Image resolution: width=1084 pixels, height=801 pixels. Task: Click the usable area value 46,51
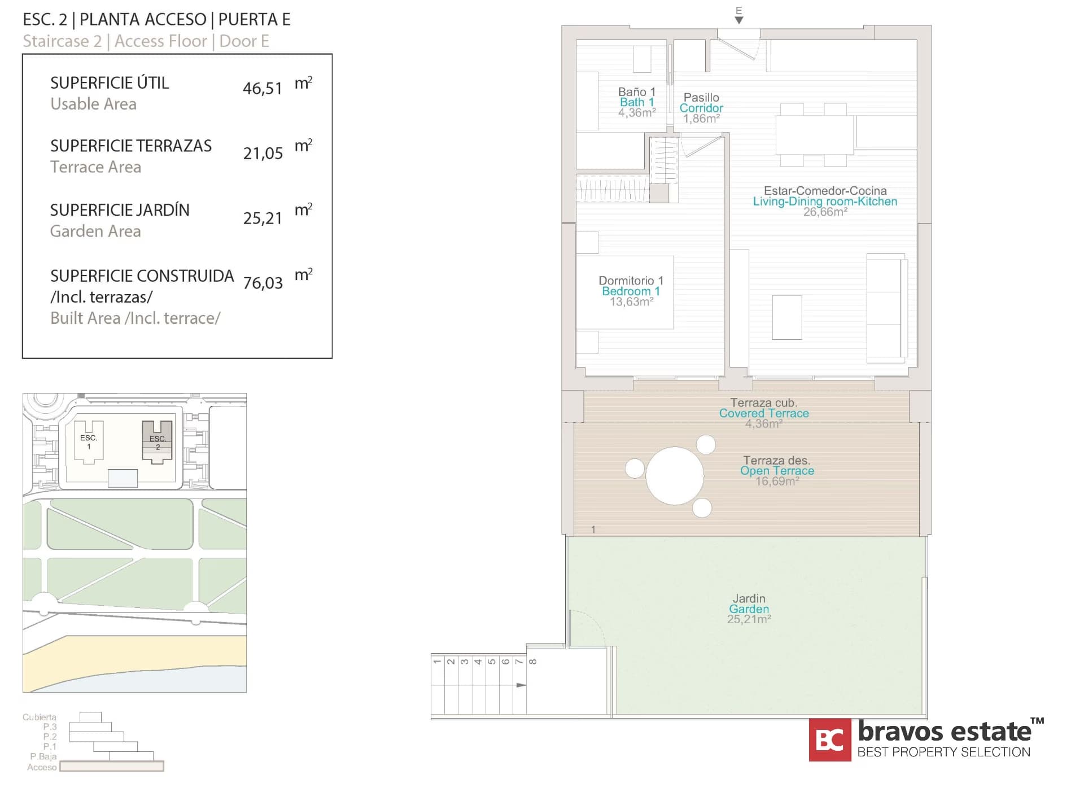click(262, 89)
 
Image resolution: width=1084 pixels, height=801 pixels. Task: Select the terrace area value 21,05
click(263, 154)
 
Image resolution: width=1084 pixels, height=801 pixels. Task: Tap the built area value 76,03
click(263, 283)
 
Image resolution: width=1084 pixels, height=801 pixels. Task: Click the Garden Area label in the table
click(95, 231)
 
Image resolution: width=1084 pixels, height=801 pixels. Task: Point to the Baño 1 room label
click(636, 92)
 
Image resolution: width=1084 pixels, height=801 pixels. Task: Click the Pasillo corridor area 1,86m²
click(701, 119)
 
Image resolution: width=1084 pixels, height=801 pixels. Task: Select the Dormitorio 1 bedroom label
click(631, 281)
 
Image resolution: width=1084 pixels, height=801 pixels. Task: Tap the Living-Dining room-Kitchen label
click(824, 202)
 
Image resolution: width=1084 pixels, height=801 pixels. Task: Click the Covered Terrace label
click(763, 413)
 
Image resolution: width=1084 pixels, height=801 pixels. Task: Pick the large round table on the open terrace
click(674, 475)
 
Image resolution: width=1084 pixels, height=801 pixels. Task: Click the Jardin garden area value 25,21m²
click(749, 619)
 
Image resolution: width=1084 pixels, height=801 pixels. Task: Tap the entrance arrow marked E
click(738, 20)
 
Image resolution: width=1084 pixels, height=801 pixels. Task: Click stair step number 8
click(533, 661)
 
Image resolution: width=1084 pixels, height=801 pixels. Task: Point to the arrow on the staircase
click(521, 685)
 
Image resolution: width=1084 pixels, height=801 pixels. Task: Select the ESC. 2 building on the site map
click(157, 443)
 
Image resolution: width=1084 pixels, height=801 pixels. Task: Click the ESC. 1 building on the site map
click(89, 442)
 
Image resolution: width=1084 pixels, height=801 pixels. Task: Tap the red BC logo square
click(829, 739)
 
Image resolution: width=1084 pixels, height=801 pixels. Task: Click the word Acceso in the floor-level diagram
click(42, 767)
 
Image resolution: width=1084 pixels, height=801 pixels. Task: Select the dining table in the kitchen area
click(814, 134)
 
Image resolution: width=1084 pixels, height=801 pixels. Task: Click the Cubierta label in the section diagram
click(40, 717)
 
